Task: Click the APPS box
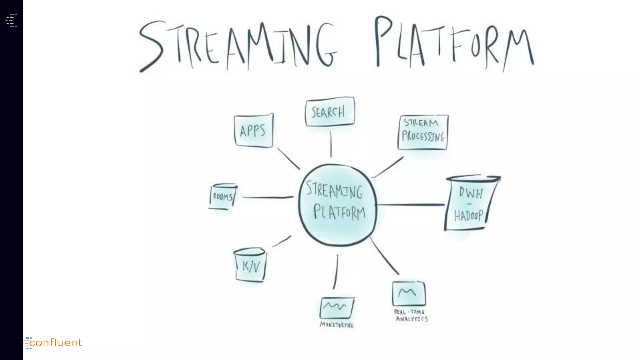pyautogui.click(x=253, y=131)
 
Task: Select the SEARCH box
pyautogui.click(x=330, y=112)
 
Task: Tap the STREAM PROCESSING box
pyautogui.click(x=423, y=132)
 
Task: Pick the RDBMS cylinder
pyautogui.click(x=223, y=196)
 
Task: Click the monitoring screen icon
pyautogui.click(x=337, y=307)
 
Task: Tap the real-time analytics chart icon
pyautogui.click(x=409, y=293)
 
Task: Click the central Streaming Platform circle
pyautogui.click(x=337, y=205)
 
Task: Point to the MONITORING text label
pyautogui.click(x=337, y=325)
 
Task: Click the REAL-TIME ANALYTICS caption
pyautogui.click(x=411, y=315)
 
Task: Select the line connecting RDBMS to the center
pyautogui.click(x=267, y=197)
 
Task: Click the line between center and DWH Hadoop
pyautogui.click(x=410, y=205)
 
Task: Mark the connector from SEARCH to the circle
pyautogui.click(x=331, y=144)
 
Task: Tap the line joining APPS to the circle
pyautogui.click(x=288, y=159)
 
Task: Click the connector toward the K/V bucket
pyautogui.click(x=282, y=241)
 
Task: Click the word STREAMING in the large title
pyautogui.click(x=237, y=45)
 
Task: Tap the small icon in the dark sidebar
pyautogui.click(x=12, y=21)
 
